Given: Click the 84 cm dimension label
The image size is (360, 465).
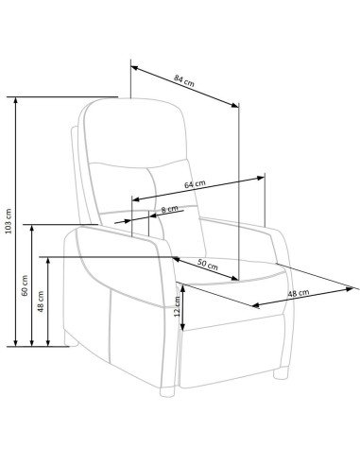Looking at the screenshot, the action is (184, 80).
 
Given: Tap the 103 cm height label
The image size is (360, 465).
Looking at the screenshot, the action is (9, 221).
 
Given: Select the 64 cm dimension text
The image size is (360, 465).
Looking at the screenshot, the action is (195, 184).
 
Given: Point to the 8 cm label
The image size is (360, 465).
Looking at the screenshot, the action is (169, 209).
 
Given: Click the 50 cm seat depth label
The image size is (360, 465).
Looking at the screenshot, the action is (208, 265).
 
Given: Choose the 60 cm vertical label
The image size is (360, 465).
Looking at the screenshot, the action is (25, 285).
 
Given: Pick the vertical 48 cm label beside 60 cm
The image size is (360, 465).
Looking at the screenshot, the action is (41, 301).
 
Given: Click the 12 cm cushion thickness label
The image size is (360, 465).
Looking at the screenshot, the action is (178, 306).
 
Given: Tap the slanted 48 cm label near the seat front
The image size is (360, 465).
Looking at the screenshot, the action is (299, 293).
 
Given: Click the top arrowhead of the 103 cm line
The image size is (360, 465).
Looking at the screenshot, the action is (16, 100).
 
